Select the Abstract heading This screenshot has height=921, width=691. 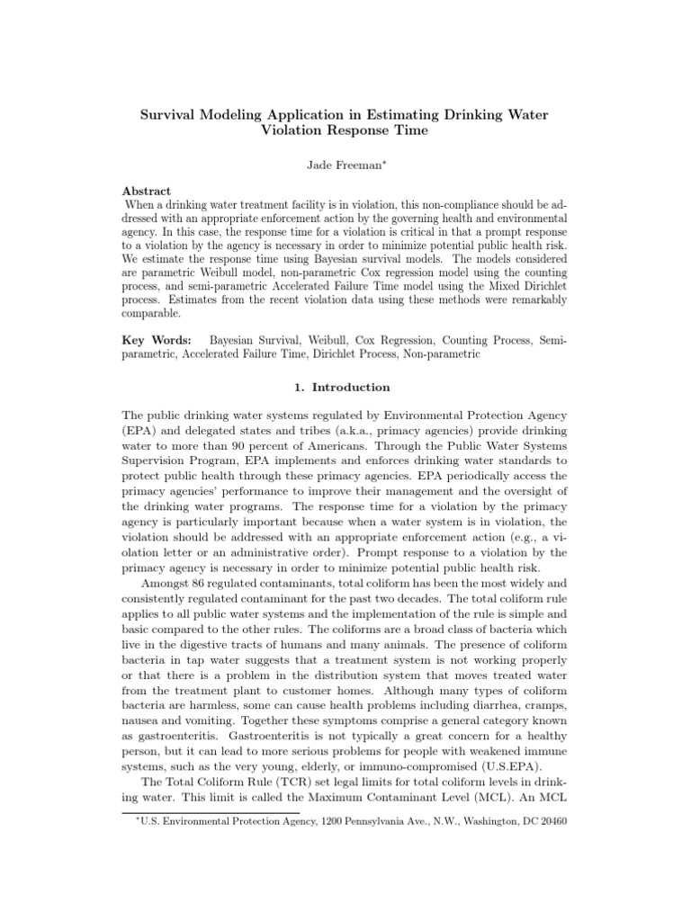pos(147,192)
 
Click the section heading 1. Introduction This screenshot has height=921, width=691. pos(345,388)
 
